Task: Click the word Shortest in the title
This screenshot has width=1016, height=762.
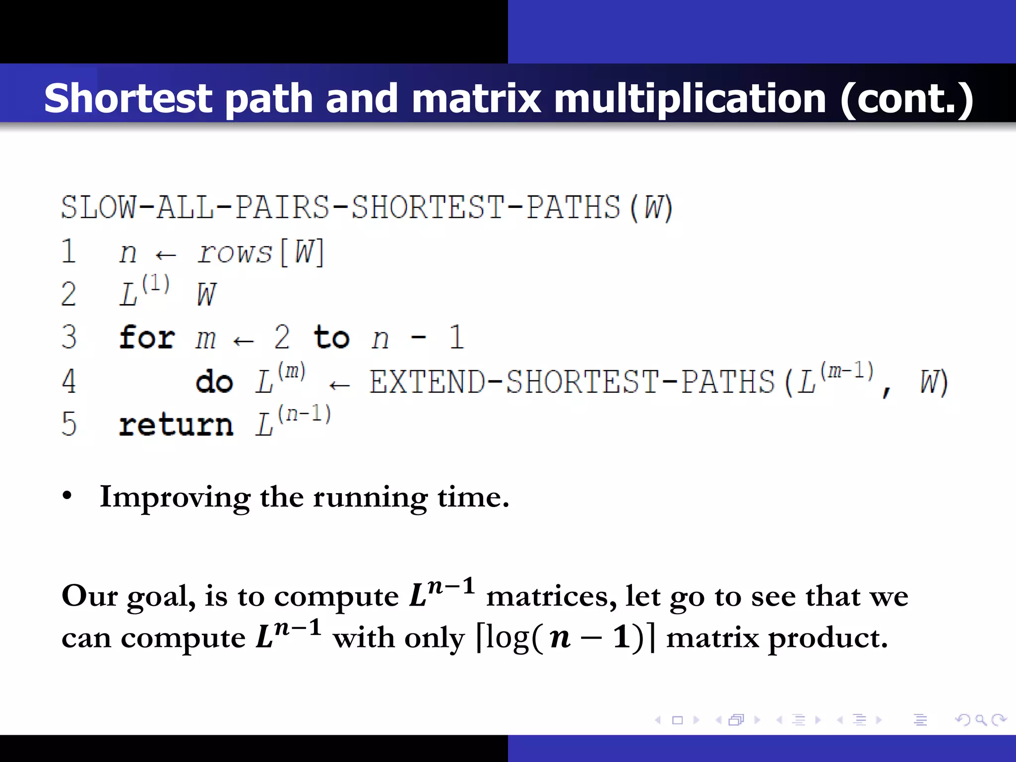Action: (128, 98)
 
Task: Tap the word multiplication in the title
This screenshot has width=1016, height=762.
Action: (690, 98)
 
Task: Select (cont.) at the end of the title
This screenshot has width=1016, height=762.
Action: (907, 98)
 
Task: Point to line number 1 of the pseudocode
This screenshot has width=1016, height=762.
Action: (68, 252)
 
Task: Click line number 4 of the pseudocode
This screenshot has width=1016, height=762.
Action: (68, 381)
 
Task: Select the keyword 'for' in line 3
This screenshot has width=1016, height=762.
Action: (147, 338)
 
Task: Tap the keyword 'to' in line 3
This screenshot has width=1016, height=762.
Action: (331, 338)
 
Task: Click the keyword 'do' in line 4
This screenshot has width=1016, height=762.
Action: (214, 382)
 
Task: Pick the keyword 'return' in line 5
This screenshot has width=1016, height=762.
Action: (176, 425)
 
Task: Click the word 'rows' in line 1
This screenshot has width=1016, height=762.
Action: (235, 253)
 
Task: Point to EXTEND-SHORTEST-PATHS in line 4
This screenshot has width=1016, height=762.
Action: (571, 382)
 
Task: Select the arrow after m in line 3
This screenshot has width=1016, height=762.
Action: (244, 341)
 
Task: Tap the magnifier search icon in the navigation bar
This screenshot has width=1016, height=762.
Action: (981, 720)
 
